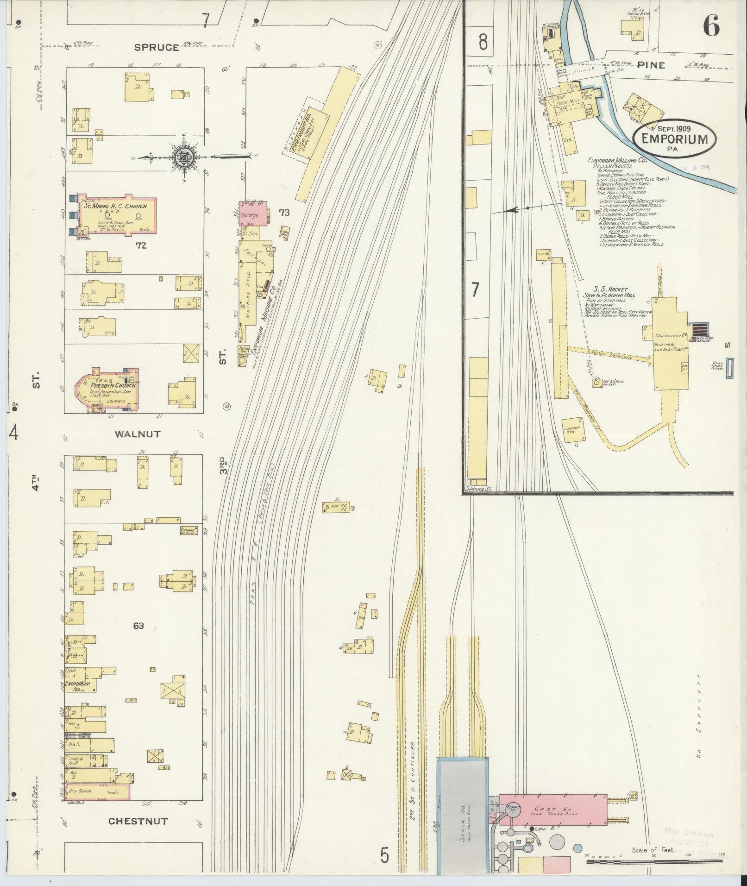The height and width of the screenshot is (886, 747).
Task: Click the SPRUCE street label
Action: point(157,47)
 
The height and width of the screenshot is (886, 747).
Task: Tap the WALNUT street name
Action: point(138,434)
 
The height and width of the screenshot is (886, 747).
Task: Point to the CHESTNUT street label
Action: point(138,821)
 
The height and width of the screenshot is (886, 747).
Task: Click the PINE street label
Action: point(651,65)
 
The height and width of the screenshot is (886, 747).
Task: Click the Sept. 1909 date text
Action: point(674,128)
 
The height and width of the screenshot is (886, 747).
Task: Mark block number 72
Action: point(141,245)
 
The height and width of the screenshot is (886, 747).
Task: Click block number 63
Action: point(138,626)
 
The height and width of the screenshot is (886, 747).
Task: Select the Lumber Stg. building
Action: point(572,429)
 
